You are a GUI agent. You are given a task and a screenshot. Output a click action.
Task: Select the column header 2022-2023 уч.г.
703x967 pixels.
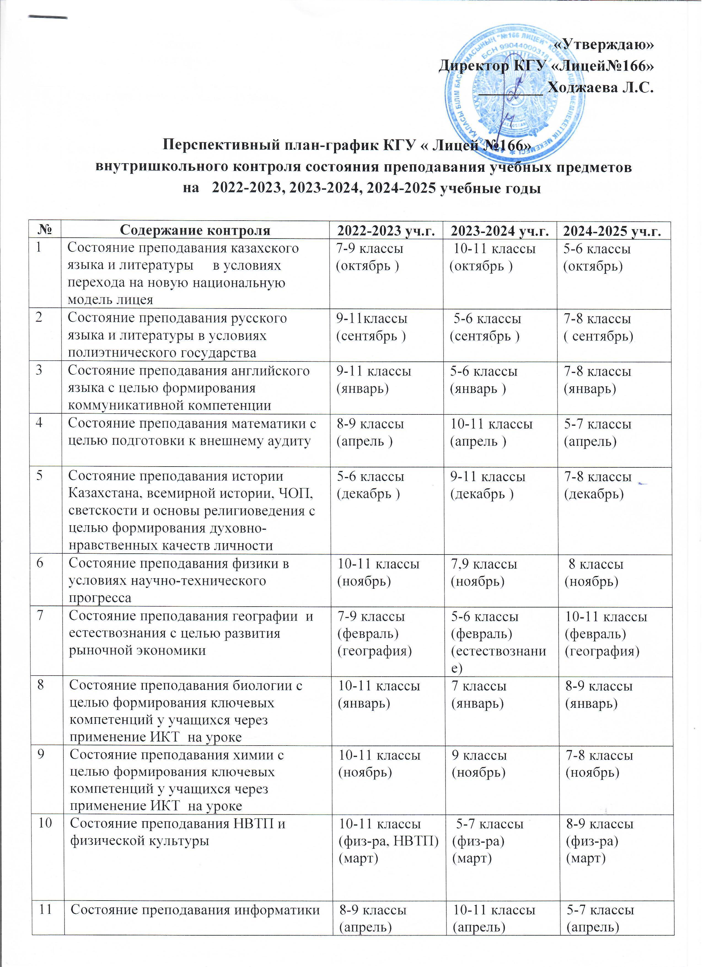(386, 231)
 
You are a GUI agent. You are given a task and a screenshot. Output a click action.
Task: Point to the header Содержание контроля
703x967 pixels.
(195, 231)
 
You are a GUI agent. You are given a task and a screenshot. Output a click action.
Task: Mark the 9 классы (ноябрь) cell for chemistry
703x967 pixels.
(479, 763)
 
